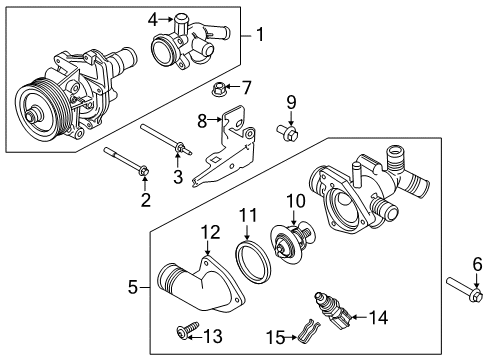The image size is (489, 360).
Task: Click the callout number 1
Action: tap(262, 37)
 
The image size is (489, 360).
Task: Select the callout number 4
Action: tap(153, 18)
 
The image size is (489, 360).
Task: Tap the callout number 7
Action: tap(247, 87)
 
